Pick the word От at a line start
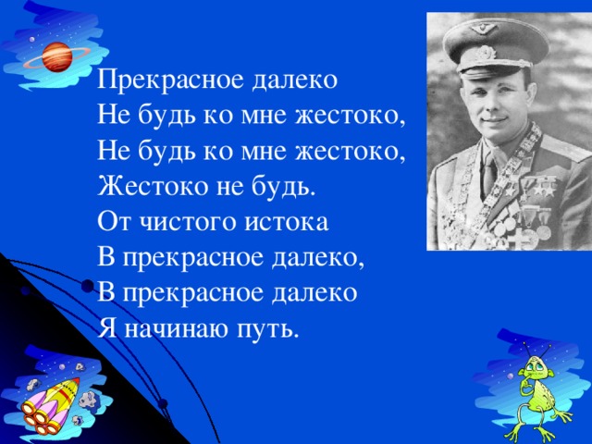point(113,223)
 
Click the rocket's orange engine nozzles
point(37,414)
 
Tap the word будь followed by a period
point(286,187)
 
